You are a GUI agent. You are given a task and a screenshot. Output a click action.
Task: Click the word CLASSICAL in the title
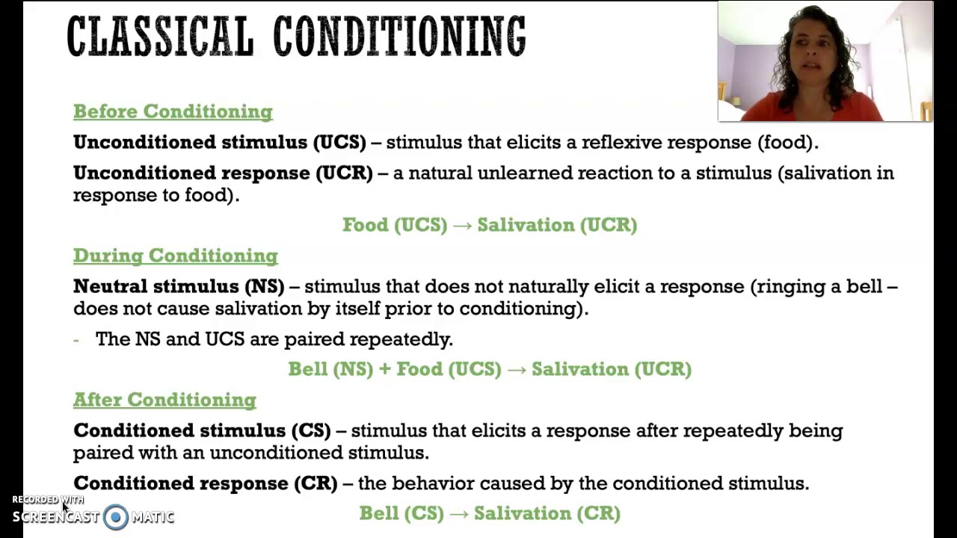pos(160,36)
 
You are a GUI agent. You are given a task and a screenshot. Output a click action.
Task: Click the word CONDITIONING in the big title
pos(399,36)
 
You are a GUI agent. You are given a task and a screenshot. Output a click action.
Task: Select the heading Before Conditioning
pos(173,111)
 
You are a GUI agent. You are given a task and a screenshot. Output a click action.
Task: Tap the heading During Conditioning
pos(176,256)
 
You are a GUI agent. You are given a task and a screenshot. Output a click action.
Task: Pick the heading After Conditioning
pos(164,400)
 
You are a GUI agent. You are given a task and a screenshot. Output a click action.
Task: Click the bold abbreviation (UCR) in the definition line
pos(344,173)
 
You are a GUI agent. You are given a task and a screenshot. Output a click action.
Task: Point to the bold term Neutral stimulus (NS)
pos(179,286)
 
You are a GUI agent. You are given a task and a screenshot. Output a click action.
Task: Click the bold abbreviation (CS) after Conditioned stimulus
pos(310,430)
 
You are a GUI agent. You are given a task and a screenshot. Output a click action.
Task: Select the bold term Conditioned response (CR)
pos(205,483)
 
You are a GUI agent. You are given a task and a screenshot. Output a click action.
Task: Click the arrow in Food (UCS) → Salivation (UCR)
pos(462,225)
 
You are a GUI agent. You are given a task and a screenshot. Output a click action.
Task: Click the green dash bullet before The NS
pos(76,339)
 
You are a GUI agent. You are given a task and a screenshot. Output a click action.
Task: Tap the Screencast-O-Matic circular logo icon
pos(116,517)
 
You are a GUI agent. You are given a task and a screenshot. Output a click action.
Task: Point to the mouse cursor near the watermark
pos(65,508)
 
